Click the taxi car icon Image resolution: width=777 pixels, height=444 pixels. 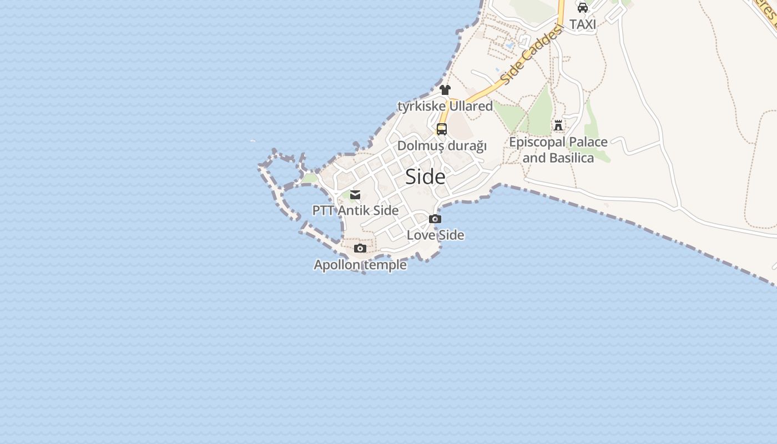coord(582,8)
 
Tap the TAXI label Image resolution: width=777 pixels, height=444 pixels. coord(582,24)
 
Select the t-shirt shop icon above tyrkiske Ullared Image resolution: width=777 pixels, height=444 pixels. coord(445,90)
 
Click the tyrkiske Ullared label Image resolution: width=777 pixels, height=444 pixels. coord(445,106)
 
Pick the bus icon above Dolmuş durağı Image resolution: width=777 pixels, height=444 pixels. coord(442,129)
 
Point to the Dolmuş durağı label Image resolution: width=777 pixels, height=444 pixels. coord(442,146)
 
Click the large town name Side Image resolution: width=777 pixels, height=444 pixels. coord(425,176)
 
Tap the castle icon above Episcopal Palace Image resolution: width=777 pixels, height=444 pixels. coord(558,125)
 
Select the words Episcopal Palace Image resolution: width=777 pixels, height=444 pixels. coord(558,142)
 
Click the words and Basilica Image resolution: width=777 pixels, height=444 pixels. coord(558,158)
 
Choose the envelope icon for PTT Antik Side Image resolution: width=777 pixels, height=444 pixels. coord(355,195)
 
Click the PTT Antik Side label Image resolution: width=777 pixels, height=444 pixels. coord(355,211)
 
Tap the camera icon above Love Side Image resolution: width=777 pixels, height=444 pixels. coord(435,219)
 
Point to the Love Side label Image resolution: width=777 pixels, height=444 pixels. coord(435,235)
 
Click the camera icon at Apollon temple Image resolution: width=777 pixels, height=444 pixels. coord(360,248)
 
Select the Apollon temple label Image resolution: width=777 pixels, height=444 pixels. coord(360,265)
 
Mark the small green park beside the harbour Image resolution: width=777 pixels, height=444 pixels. coord(310,178)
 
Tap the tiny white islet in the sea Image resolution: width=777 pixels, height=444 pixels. coord(253,140)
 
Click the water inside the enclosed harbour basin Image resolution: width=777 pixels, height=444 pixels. coord(308,208)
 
